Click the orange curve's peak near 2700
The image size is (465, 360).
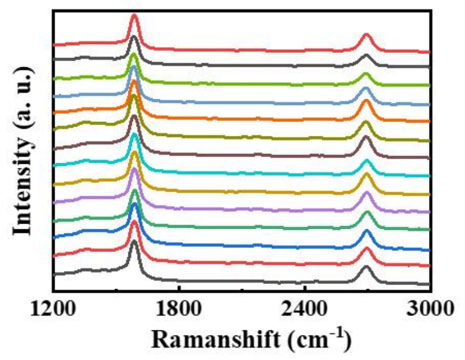click(366, 101)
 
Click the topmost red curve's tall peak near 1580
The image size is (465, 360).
click(134, 16)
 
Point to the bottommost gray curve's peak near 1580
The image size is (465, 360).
click(134, 241)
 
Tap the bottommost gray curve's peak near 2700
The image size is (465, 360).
click(366, 268)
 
